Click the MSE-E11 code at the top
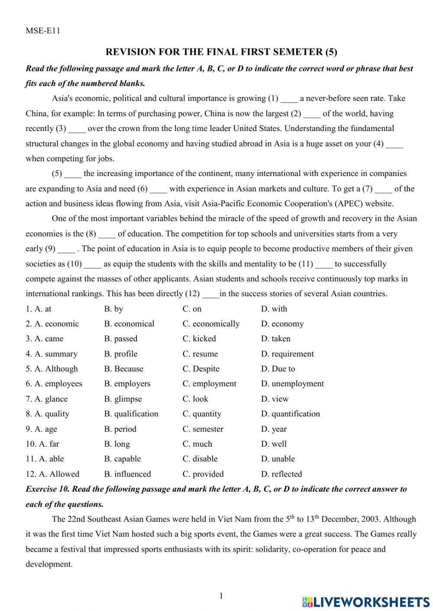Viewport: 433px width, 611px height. click(x=42, y=31)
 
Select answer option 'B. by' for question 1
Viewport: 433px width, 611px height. click(x=113, y=309)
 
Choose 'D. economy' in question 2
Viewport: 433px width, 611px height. click(x=282, y=324)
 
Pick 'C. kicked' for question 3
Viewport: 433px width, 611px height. click(x=199, y=339)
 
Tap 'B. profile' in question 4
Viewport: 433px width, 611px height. click(x=121, y=354)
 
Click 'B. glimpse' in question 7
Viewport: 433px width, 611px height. click(x=123, y=399)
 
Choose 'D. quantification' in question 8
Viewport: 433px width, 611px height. click(x=291, y=414)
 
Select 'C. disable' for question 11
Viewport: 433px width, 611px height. click(x=200, y=459)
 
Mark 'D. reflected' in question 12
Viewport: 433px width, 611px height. click(x=281, y=474)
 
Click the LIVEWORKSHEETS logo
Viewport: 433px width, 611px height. click(x=366, y=601)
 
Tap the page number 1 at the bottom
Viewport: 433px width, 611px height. click(x=221, y=596)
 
